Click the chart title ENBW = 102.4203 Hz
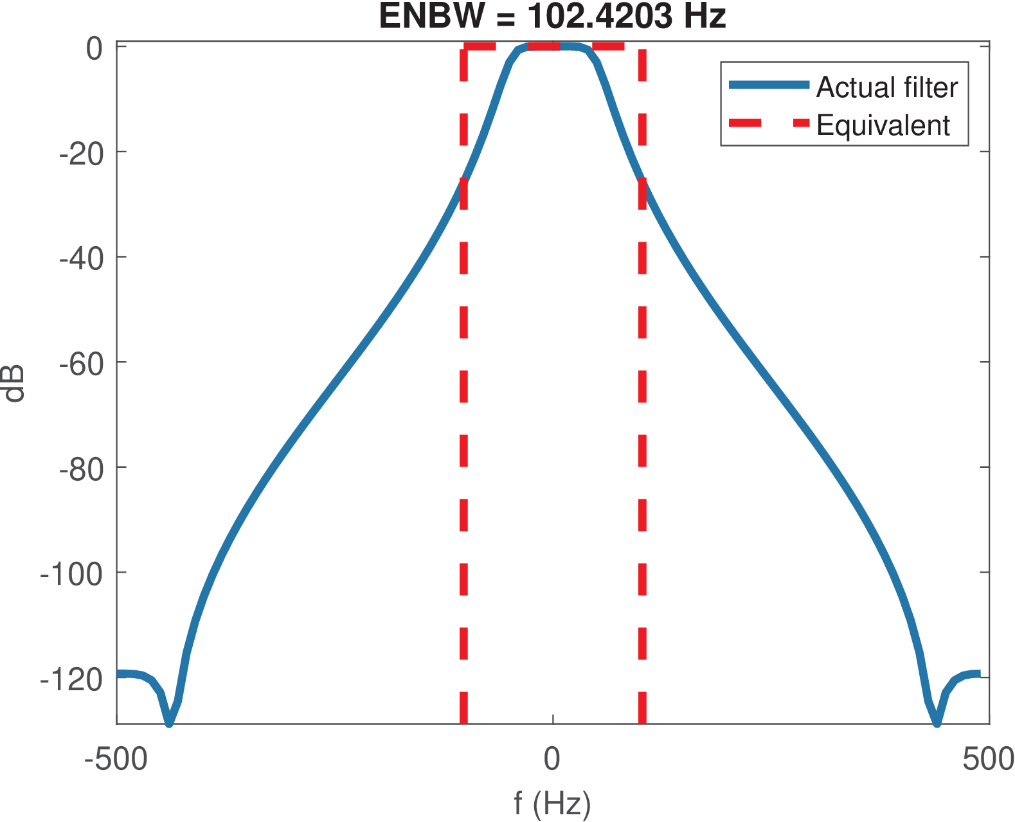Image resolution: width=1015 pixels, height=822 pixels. point(552,17)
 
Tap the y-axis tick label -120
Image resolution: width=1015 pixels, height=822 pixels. point(71,679)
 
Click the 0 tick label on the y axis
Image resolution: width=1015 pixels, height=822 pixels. point(94,49)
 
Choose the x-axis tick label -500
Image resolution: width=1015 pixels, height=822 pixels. point(116,759)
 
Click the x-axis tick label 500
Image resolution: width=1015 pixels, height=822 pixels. point(988,759)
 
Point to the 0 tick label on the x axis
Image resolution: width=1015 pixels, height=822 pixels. point(552,759)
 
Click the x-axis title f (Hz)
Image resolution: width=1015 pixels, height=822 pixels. point(552,803)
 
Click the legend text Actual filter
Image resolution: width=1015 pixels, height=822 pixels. point(886,87)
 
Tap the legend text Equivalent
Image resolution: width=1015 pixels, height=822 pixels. point(883,125)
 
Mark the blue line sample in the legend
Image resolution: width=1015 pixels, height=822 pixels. point(768,85)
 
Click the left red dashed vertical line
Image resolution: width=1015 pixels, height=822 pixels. point(463,386)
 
